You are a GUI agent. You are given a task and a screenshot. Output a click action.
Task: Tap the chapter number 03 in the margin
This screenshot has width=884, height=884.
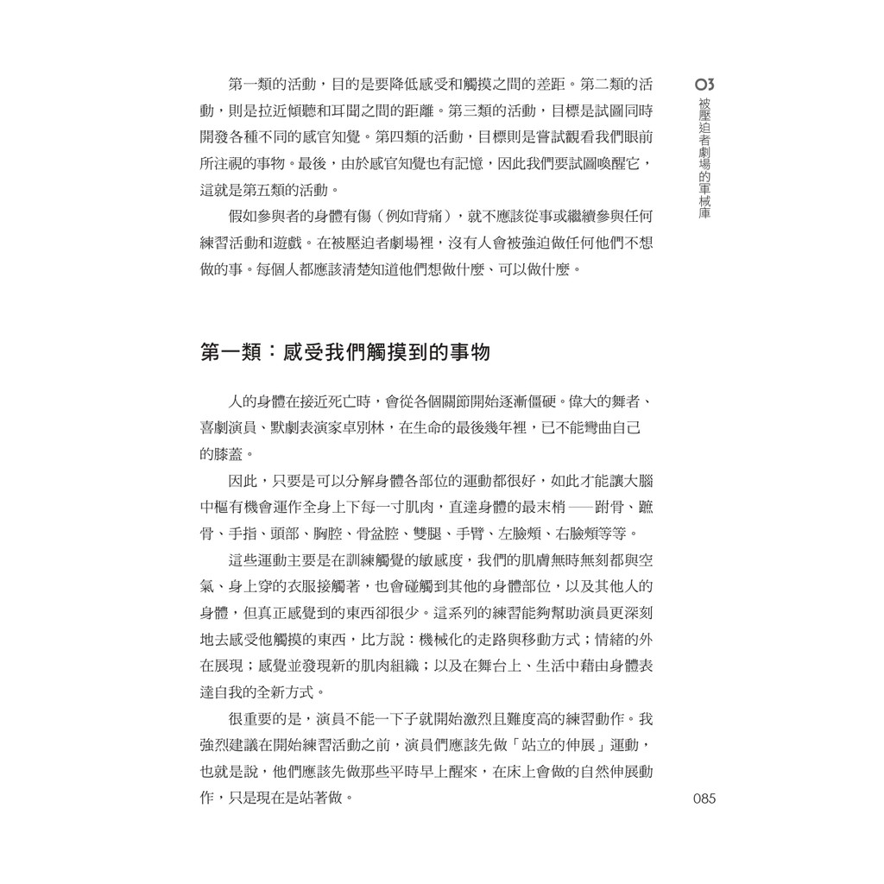[704, 85]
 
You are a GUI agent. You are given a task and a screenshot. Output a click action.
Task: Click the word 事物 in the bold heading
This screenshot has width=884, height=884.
[469, 352]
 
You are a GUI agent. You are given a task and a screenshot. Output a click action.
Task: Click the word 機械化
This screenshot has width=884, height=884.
[442, 640]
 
